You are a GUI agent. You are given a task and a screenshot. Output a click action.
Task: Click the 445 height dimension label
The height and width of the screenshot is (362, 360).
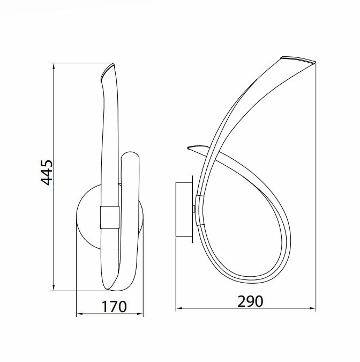pos(47,173)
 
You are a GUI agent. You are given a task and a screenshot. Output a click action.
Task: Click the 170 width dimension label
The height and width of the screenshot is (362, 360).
pos(114,307)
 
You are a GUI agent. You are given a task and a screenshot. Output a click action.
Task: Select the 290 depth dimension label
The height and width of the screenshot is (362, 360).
pos(250,301)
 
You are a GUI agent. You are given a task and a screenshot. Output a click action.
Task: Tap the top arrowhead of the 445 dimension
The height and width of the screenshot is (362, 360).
pos(54,67)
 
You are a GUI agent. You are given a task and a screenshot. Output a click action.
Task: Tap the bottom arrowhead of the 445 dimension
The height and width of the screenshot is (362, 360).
pos(54,287)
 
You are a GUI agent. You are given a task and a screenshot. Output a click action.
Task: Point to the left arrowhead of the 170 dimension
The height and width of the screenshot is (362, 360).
pos(80,314)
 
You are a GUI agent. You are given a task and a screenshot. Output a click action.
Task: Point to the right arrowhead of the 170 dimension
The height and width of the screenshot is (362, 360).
pos(140,314)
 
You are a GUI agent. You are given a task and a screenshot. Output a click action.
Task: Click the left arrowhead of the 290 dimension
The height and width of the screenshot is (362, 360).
pos(179,308)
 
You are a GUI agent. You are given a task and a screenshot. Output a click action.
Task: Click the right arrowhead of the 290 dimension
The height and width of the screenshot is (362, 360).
pos(313,308)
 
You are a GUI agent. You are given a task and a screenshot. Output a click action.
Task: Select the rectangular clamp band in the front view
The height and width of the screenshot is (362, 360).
pos(110,218)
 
